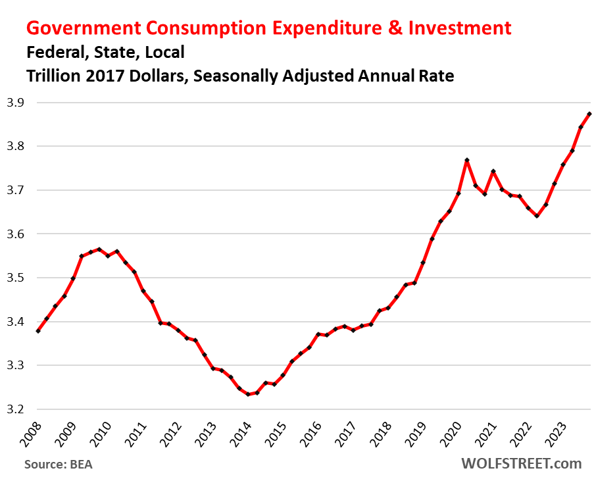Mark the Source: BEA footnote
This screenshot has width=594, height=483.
point(58,464)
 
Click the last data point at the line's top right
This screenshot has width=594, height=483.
point(589,114)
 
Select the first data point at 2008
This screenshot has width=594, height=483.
point(38,331)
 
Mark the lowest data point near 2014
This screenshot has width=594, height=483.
point(248,394)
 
